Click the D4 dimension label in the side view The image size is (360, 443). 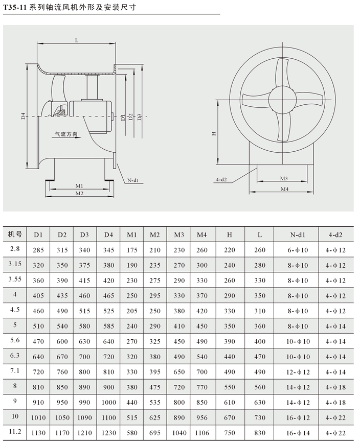(24, 116)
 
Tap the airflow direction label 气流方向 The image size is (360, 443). (66, 134)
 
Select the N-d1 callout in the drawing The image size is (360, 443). (134, 180)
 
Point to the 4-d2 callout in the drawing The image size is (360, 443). (221, 180)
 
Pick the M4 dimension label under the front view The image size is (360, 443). (284, 189)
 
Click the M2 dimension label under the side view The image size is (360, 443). (79, 193)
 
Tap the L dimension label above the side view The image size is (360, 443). (76, 40)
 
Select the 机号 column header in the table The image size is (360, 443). (15, 235)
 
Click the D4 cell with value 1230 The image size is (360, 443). (108, 433)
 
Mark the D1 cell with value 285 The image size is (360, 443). (38, 250)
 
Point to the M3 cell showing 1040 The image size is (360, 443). (178, 433)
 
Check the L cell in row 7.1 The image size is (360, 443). (260, 372)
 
